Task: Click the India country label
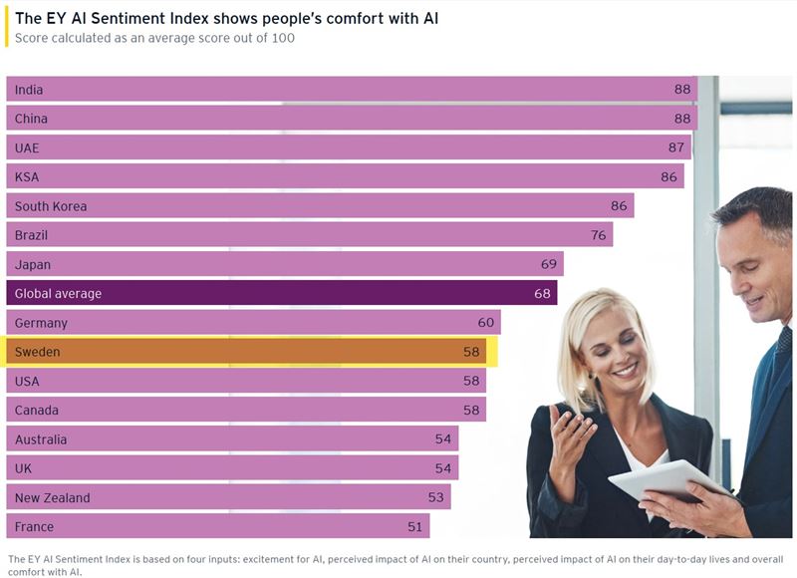click(29, 90)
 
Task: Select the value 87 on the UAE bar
click(676, 147)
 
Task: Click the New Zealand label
click(52, 497)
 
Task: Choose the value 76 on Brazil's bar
click(598, 235)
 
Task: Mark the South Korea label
click(51, 206)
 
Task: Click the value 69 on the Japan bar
click(549, 264)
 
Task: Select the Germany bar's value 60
click(485, 323)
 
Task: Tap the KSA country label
click(27, 176)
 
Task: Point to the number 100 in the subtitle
click(283, 38)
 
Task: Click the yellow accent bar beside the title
click(7, 28)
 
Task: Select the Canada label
click(37, 410)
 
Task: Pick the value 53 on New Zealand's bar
click(436, 497)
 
